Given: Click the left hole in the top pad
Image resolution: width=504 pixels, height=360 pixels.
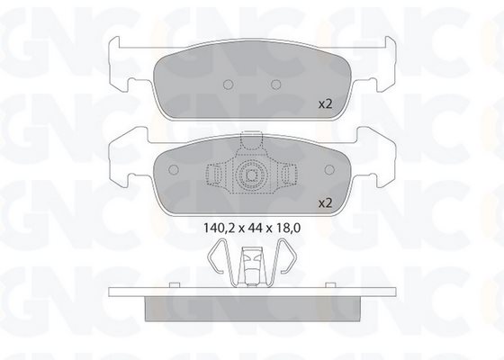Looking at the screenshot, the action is coord(228,85).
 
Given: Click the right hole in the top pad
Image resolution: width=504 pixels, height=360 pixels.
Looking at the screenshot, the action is coord(275,85).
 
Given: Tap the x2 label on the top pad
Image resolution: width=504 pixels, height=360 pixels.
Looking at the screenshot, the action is coord(325,104).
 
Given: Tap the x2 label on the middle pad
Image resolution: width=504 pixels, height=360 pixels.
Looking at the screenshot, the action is coord(325,203).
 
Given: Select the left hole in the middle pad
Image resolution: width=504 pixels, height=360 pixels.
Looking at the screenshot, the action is coord(174,169).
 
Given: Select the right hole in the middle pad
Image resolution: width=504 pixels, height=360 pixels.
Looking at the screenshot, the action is coord(329,169).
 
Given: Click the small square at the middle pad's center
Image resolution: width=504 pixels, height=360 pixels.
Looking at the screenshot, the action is coord(251,175).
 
